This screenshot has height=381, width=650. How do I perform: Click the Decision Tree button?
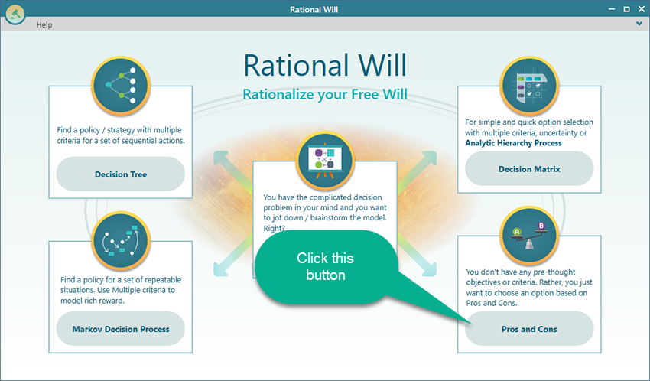coord(121,174)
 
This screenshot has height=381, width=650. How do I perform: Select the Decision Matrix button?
coord(529,169)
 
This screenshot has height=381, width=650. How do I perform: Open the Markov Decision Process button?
coord(121,329)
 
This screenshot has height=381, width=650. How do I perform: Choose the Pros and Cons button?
coord(529,329)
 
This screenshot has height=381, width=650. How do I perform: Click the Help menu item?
coord(44,25)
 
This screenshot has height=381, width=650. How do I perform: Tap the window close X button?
coord(641,8)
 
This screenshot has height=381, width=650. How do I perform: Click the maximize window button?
coord(626,8)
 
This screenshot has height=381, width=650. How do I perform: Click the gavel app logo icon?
coord(15,14)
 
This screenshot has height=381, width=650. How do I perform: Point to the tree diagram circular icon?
coord(121,86)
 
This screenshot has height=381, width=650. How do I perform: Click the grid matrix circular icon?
coord(529,86)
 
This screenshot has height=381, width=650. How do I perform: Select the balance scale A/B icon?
coord(529,236)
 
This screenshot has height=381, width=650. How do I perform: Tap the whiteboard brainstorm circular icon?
coord(325,161)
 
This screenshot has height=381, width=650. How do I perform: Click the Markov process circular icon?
coord(121,241)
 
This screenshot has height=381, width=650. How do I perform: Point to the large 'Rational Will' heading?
coord(325,66)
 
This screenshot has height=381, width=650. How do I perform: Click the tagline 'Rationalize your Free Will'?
coord(325,95)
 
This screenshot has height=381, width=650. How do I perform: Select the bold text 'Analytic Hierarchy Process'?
coord(513,143)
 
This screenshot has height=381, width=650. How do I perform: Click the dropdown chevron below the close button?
coord(639,24)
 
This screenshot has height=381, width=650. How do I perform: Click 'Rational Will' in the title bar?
coord(314,9)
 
